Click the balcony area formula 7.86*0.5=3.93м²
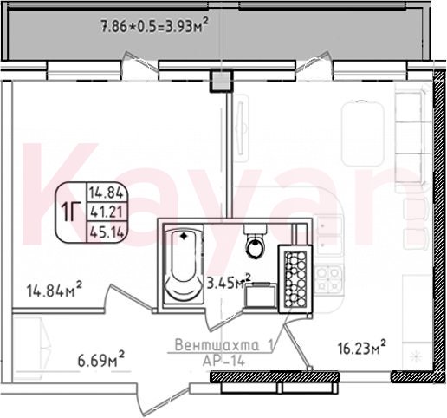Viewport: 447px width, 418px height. point(154,27)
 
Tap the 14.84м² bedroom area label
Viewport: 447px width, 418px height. point(55,290)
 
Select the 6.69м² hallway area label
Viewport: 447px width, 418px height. point(101,360)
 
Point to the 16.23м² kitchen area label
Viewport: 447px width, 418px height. point(362,348)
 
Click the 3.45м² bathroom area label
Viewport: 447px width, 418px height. point(229,282)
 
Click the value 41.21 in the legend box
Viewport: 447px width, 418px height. point(107,212)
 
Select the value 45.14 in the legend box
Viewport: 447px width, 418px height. point(107,232)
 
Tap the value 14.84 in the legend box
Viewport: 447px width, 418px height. point(107,193)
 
